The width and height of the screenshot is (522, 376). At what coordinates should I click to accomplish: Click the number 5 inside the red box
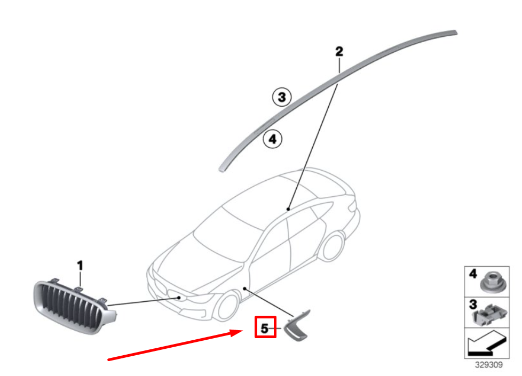point(264,329)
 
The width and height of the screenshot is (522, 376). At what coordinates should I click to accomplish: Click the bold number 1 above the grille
point(80,266)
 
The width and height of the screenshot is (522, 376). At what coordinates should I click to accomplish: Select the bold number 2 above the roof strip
point(339,52)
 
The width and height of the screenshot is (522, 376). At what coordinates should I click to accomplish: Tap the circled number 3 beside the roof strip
point(282,97)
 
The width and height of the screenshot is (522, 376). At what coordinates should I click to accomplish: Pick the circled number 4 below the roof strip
point(273,139)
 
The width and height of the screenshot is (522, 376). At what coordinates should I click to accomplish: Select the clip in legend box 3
point(489,314)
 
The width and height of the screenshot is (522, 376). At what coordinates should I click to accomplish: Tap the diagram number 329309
point(488,365)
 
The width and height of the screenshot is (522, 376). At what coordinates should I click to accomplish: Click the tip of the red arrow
point(243,331)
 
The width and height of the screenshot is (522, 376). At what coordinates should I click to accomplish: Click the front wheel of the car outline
point(227,307)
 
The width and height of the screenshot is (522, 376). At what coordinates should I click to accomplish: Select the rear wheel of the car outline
point(332,246)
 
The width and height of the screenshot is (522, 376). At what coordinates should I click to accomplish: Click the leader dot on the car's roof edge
point(288,209)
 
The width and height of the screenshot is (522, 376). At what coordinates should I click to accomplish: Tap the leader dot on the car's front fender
point(244,289)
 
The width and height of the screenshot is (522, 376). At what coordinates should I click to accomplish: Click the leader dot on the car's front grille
point(179,298)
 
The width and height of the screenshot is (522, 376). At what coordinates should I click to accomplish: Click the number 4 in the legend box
point(473,274)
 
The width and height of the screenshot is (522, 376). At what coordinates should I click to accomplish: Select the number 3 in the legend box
point(473,304)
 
